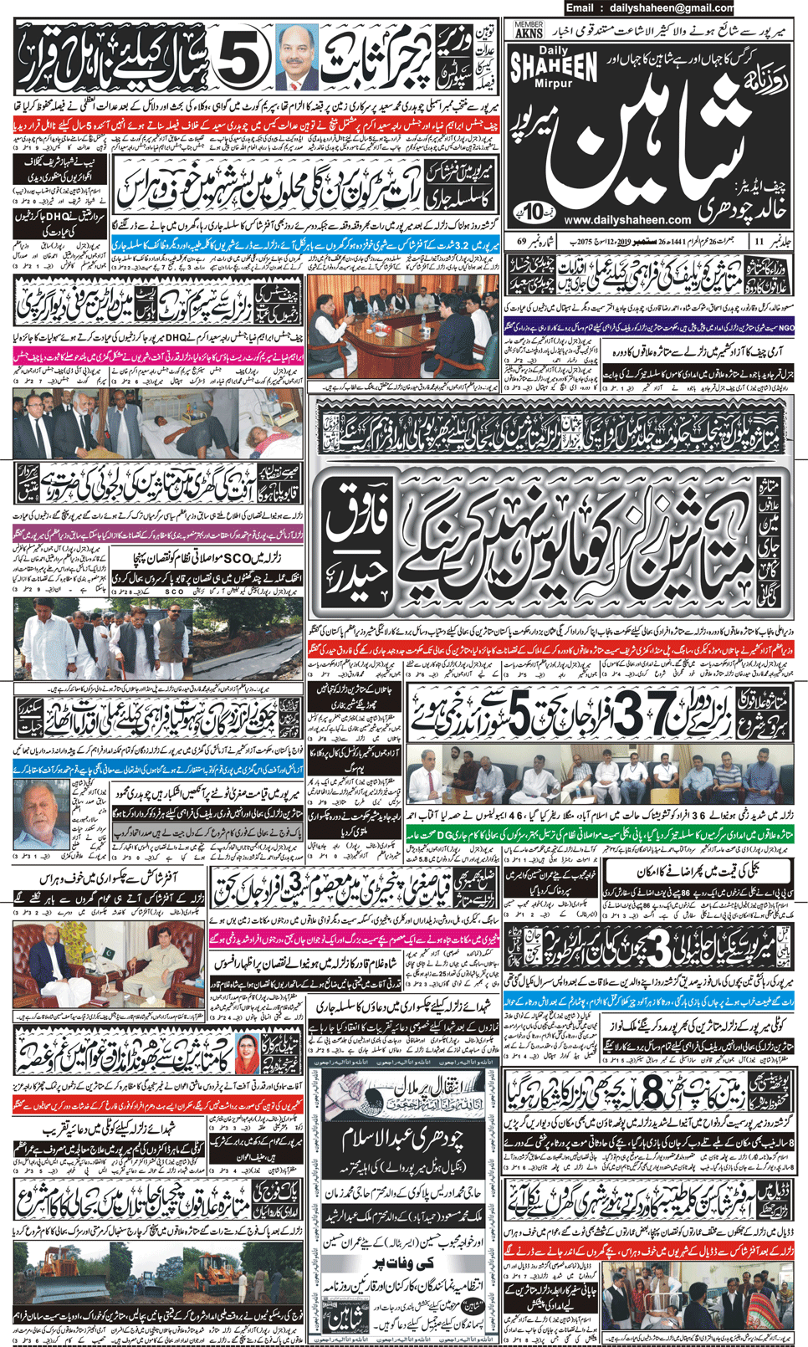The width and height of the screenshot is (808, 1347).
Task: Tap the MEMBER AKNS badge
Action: point(529,31)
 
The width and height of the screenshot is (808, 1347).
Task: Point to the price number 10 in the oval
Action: point(534,209)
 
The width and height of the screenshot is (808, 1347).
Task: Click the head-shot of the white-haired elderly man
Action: point(40,814)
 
